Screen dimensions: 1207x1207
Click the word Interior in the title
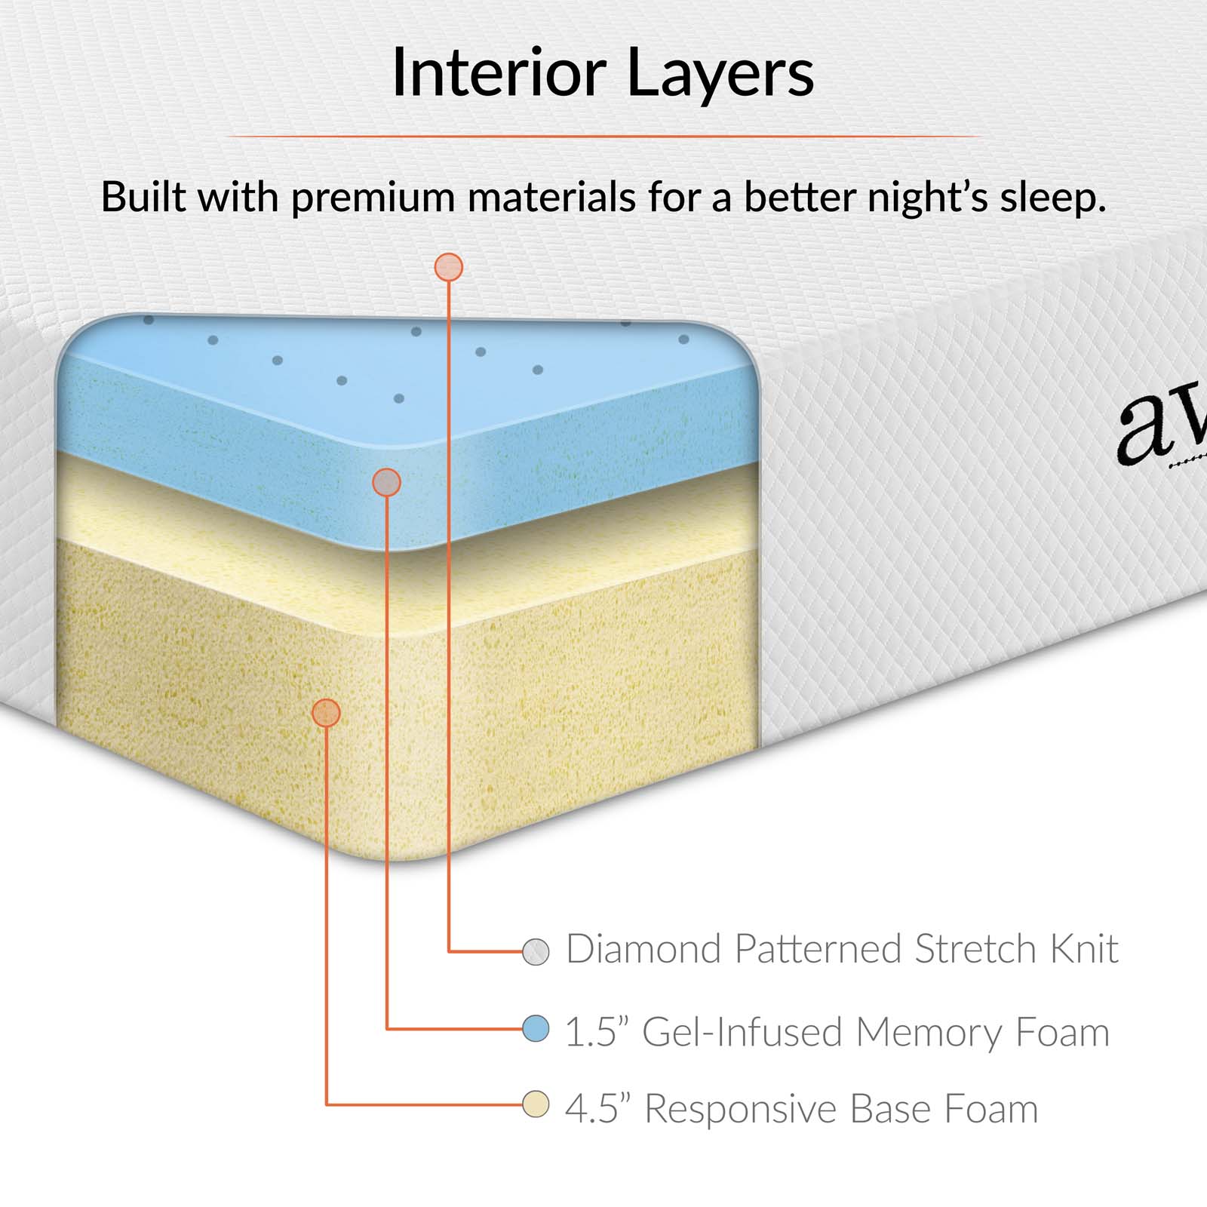click(499, 72)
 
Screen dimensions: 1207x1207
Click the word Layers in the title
click(720, 74)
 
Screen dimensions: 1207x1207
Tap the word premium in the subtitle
click(373, 198)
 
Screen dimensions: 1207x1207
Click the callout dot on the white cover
click(449, 267)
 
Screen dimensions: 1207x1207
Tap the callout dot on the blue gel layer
click(387, 482)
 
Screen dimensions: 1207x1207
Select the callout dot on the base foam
click(326, 712)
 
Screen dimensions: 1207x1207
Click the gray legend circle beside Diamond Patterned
click(536, 951)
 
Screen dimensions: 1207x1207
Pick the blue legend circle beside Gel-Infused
click(536, 1028)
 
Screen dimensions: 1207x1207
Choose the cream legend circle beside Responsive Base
click(536, 1105)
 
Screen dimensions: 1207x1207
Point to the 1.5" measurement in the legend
click(597, 1032)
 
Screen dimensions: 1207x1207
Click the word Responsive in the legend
click(741, 1110)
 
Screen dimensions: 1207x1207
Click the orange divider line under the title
click(603, 137)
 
